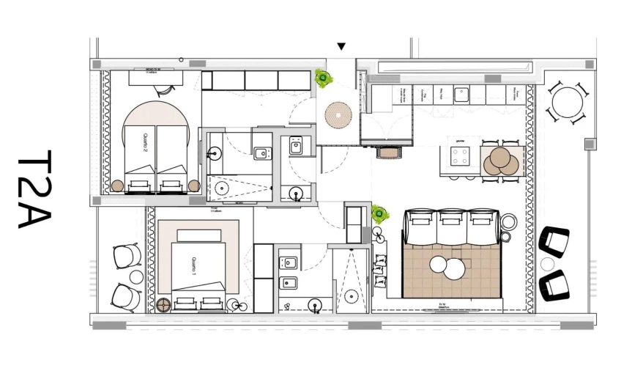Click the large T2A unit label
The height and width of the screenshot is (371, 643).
pos(34,190)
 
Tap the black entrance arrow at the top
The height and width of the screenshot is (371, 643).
pos(341,47)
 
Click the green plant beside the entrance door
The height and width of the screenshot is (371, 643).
pos(322,77)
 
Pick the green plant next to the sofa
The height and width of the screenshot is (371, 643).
pos(379,214)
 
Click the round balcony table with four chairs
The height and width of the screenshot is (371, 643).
pos(568,103)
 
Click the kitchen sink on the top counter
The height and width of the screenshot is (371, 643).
pos(461,94)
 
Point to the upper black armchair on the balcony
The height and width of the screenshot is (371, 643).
pos(554,241)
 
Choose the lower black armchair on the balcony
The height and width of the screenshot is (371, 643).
pos(554,284)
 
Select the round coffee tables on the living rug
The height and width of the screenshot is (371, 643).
pos(447,267)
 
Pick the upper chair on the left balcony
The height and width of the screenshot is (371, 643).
pos(127,256)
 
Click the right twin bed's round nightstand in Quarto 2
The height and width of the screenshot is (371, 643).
pos(194,185)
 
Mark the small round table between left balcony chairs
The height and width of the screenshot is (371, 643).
pos(136,276)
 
